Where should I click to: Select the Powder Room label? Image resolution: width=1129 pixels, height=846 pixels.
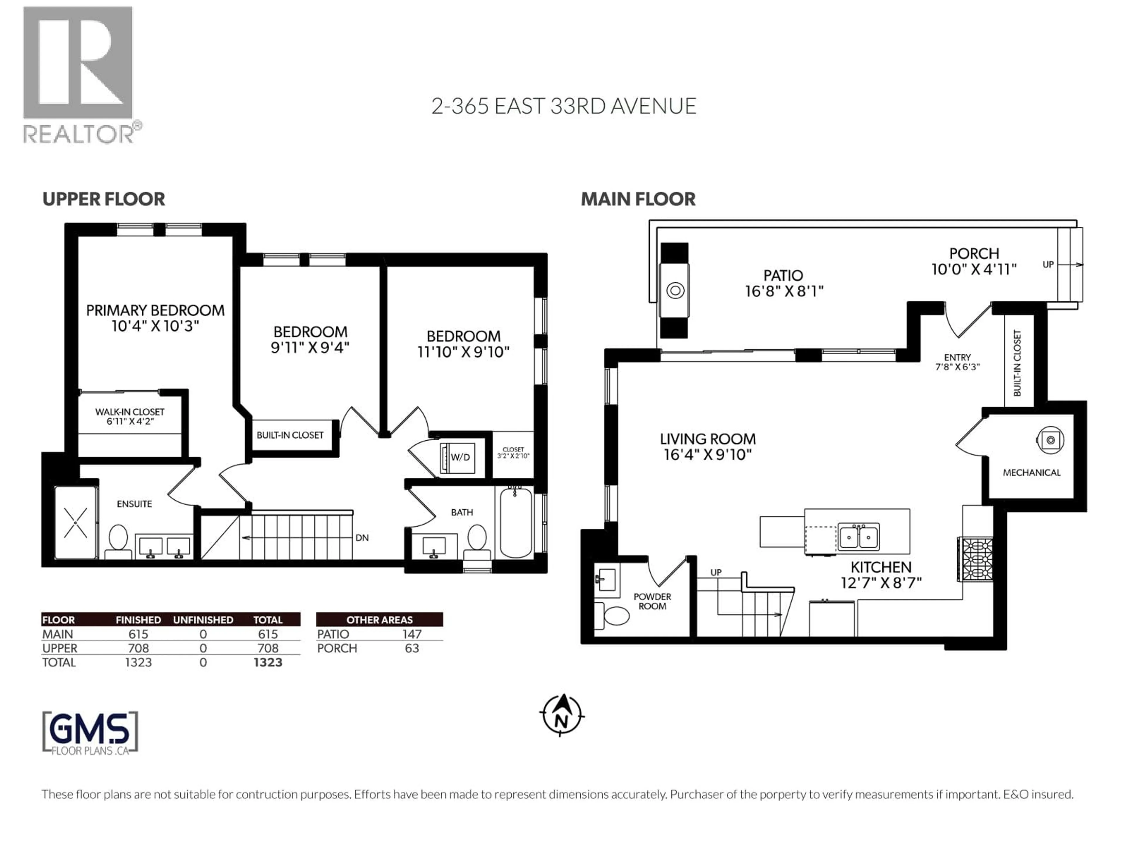click(x=652, y=601)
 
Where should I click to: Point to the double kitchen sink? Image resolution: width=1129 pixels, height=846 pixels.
click(x=859, y=536)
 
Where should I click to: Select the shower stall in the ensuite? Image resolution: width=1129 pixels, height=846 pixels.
click(x=76, y=523)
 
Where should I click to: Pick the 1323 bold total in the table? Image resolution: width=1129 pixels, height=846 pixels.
click(x=268, y=662)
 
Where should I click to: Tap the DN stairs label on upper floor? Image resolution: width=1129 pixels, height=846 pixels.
click(x=362, y=538)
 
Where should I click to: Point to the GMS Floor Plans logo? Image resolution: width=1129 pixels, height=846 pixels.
click(x=90, y=733)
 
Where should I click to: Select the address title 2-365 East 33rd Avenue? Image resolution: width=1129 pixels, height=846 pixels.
click(x=564, y=106)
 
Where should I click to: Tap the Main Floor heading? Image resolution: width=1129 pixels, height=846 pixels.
click(x=638, y=199)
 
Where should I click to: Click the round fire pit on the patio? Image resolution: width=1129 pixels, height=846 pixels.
click(x=675, y=291)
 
